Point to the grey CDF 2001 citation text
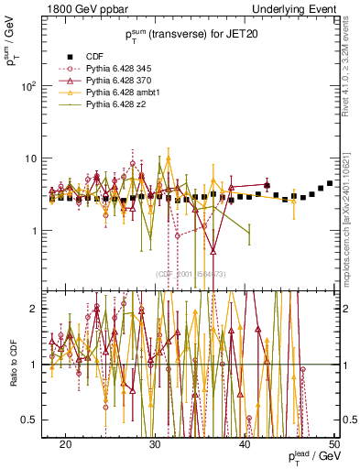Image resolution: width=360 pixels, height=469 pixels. [x=191, y=274]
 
